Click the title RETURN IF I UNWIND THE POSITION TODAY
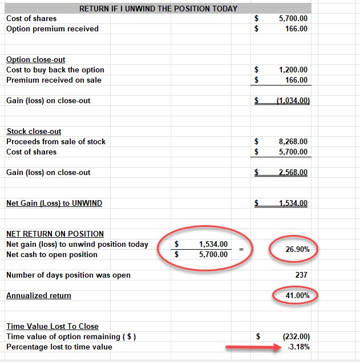point(158,9)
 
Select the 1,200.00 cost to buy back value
point(293,70)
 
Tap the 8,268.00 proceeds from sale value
point(293,142)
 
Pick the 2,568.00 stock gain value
point(293,173)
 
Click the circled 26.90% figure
point(293,249)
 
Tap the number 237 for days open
point(301,275)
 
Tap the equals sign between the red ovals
point(241,250)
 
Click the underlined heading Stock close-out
point(34,132)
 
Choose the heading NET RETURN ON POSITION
point(55,234)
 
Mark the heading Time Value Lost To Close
point(52,327)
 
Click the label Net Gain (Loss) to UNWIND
point(54,204)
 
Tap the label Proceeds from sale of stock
point(56,142)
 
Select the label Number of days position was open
point(68,275)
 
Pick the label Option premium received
point(52,29)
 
